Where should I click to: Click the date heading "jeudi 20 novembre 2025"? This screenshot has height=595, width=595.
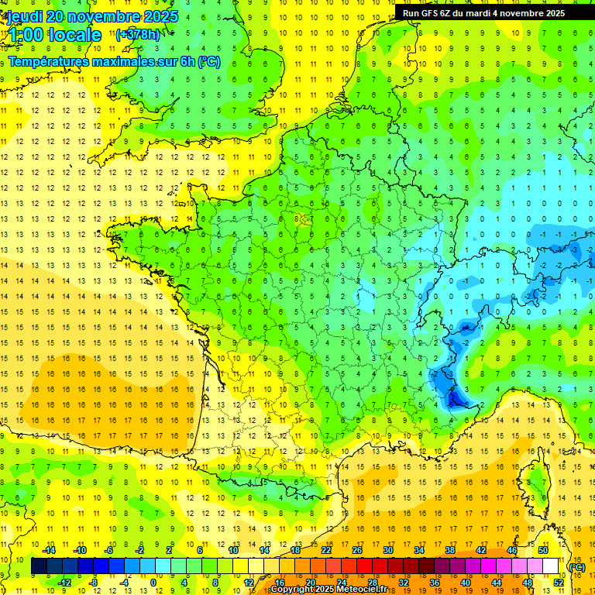pyautogui.click(x=92, y=16)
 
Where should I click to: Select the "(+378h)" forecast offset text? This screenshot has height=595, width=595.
pyautogui.click(x=138, y=35)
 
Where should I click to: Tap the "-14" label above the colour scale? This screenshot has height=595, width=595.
pyautogui.click(x=50, y=550)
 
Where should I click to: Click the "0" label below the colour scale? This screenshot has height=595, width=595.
pyautogui.click(x=153, y=583)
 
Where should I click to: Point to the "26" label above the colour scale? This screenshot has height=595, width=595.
pyautogui.click(x=357, y=550)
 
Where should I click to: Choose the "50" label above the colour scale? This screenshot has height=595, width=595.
pyautogui.click(x=543, y=550)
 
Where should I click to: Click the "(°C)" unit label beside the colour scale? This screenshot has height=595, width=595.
pyautogui.click(x=576, y=567)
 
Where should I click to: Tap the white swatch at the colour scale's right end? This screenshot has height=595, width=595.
pyautogui.click(x=551, y=566)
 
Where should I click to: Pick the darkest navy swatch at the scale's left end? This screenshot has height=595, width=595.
pyautogui.click(x=39, y=566)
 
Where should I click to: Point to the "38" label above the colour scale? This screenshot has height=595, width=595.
pyautogui.click(x=450, y=550)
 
